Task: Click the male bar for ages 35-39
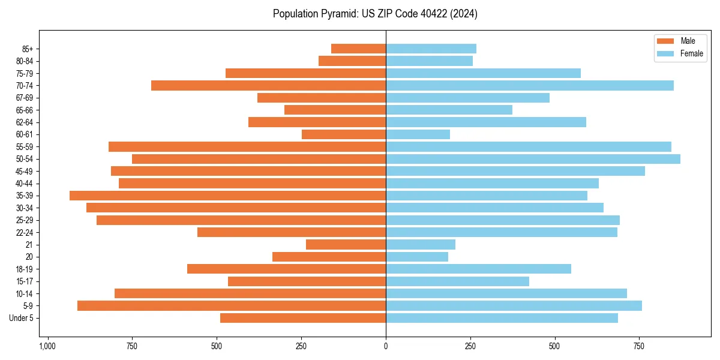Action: [228, 196]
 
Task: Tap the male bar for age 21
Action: [346, 245]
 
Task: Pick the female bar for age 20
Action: [417, 257]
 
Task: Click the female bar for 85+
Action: [431, 49]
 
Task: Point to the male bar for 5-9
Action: [232, 306]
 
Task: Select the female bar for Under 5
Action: [502, 318]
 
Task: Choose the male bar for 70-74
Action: [268, 86]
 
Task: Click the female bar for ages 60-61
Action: [418, 134]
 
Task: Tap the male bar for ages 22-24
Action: [292, 232]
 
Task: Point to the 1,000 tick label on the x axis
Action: [47, 346]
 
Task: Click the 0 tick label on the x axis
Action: [386, 346]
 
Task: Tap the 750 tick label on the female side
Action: [640, 346]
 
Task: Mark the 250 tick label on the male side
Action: [301, 346]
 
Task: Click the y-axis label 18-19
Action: [24, 269]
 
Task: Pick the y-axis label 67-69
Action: [24, 98]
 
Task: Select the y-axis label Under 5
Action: [22, 318]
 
